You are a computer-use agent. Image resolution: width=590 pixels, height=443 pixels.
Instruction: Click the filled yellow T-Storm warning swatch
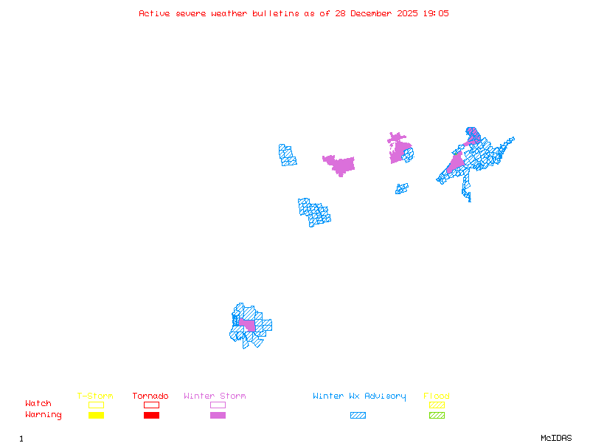point(96,416)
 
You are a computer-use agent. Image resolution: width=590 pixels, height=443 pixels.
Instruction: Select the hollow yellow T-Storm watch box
point(96,405)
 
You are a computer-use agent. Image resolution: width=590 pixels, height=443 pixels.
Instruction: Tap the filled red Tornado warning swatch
point(151,416)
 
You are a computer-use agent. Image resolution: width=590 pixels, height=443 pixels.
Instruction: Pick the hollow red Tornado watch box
point(151,405)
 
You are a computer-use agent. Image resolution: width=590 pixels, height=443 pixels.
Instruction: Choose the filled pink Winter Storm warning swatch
point(218,416)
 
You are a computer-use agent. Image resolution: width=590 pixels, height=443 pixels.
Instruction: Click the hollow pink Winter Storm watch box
point(218,405)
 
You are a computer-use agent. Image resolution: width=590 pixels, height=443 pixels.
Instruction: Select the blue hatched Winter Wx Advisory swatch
point(358,416)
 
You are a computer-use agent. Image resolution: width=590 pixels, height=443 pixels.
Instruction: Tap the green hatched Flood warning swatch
point(437,416)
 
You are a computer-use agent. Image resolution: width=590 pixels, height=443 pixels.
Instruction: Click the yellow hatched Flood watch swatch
point(437,405)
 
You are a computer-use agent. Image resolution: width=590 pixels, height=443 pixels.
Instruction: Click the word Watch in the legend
point(38,404)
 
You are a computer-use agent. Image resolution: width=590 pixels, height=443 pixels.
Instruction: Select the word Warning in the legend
point(44,415)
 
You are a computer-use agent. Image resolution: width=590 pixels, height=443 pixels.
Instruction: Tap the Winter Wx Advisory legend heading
point(359,396)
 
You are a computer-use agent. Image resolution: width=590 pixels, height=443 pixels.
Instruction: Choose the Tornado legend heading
point(150,396)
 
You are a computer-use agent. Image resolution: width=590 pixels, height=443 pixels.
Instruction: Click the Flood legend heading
point(437,396)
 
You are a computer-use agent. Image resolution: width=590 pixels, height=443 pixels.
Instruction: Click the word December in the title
point(374,13)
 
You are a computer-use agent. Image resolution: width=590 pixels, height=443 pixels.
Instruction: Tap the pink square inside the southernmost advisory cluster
point(247,325)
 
